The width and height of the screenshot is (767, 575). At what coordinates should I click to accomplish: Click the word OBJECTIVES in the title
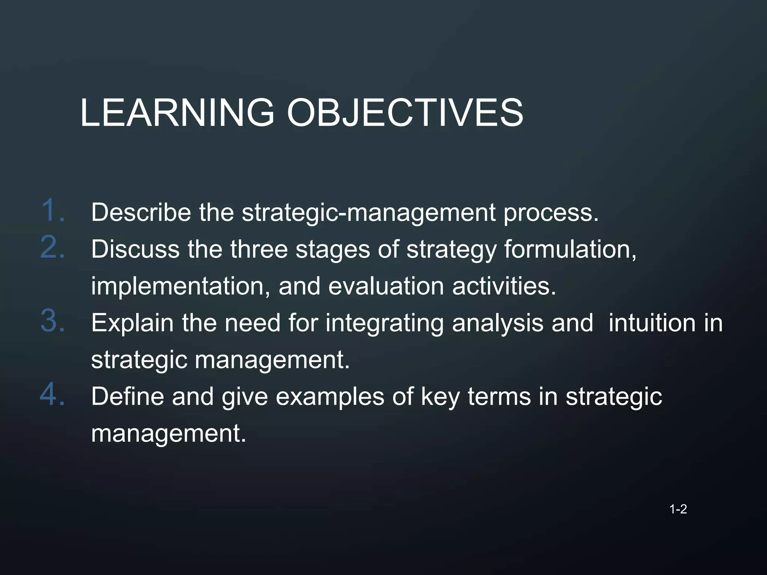click(x=405, y=113)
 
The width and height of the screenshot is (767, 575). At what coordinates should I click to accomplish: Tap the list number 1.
click(x=52, y=210)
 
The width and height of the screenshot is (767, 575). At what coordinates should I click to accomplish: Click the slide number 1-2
click(x=678, y=509)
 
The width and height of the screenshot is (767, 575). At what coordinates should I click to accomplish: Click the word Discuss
click(x=135, y=249)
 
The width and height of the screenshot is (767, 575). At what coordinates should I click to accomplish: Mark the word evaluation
click(x=386, y=286)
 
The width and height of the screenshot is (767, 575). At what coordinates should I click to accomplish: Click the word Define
click(x=127, y=396)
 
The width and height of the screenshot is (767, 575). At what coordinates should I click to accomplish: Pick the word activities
click(x=504, y=286)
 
